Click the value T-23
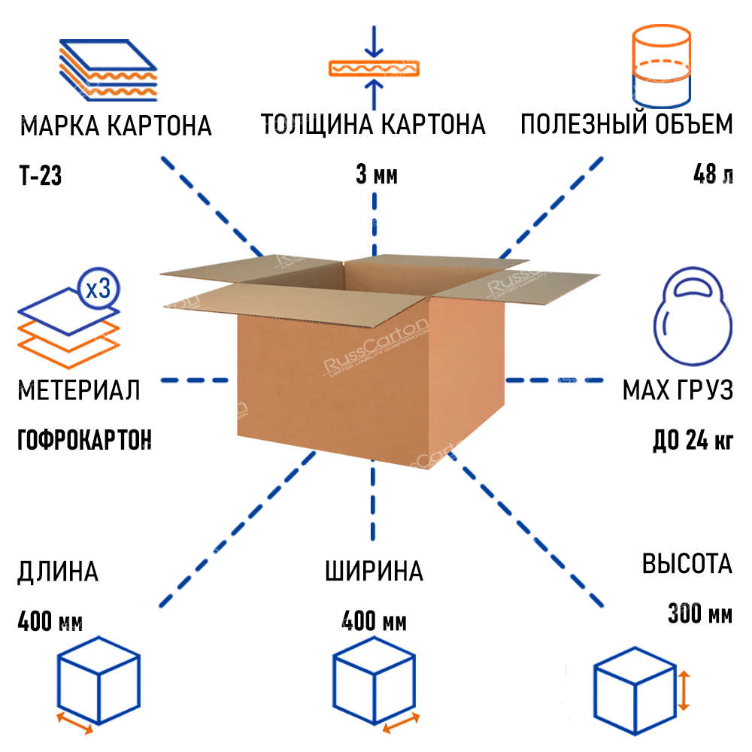tap(40, 177)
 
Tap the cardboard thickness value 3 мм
tap(376, 177)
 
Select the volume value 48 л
tap(713, 177)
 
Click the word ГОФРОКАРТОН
tap(84, 438)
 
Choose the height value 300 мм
tap(699, 614)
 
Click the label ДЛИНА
tap(58, 572)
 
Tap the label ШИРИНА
tap(374, 572)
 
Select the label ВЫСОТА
tap(687, 564)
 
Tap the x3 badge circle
tap(98, 289)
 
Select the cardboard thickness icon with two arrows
tap(374, 68)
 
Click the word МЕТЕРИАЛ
tap(79, 391)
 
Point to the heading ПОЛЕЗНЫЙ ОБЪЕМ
tap(626, 124)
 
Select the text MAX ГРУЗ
tap(678, 391)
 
